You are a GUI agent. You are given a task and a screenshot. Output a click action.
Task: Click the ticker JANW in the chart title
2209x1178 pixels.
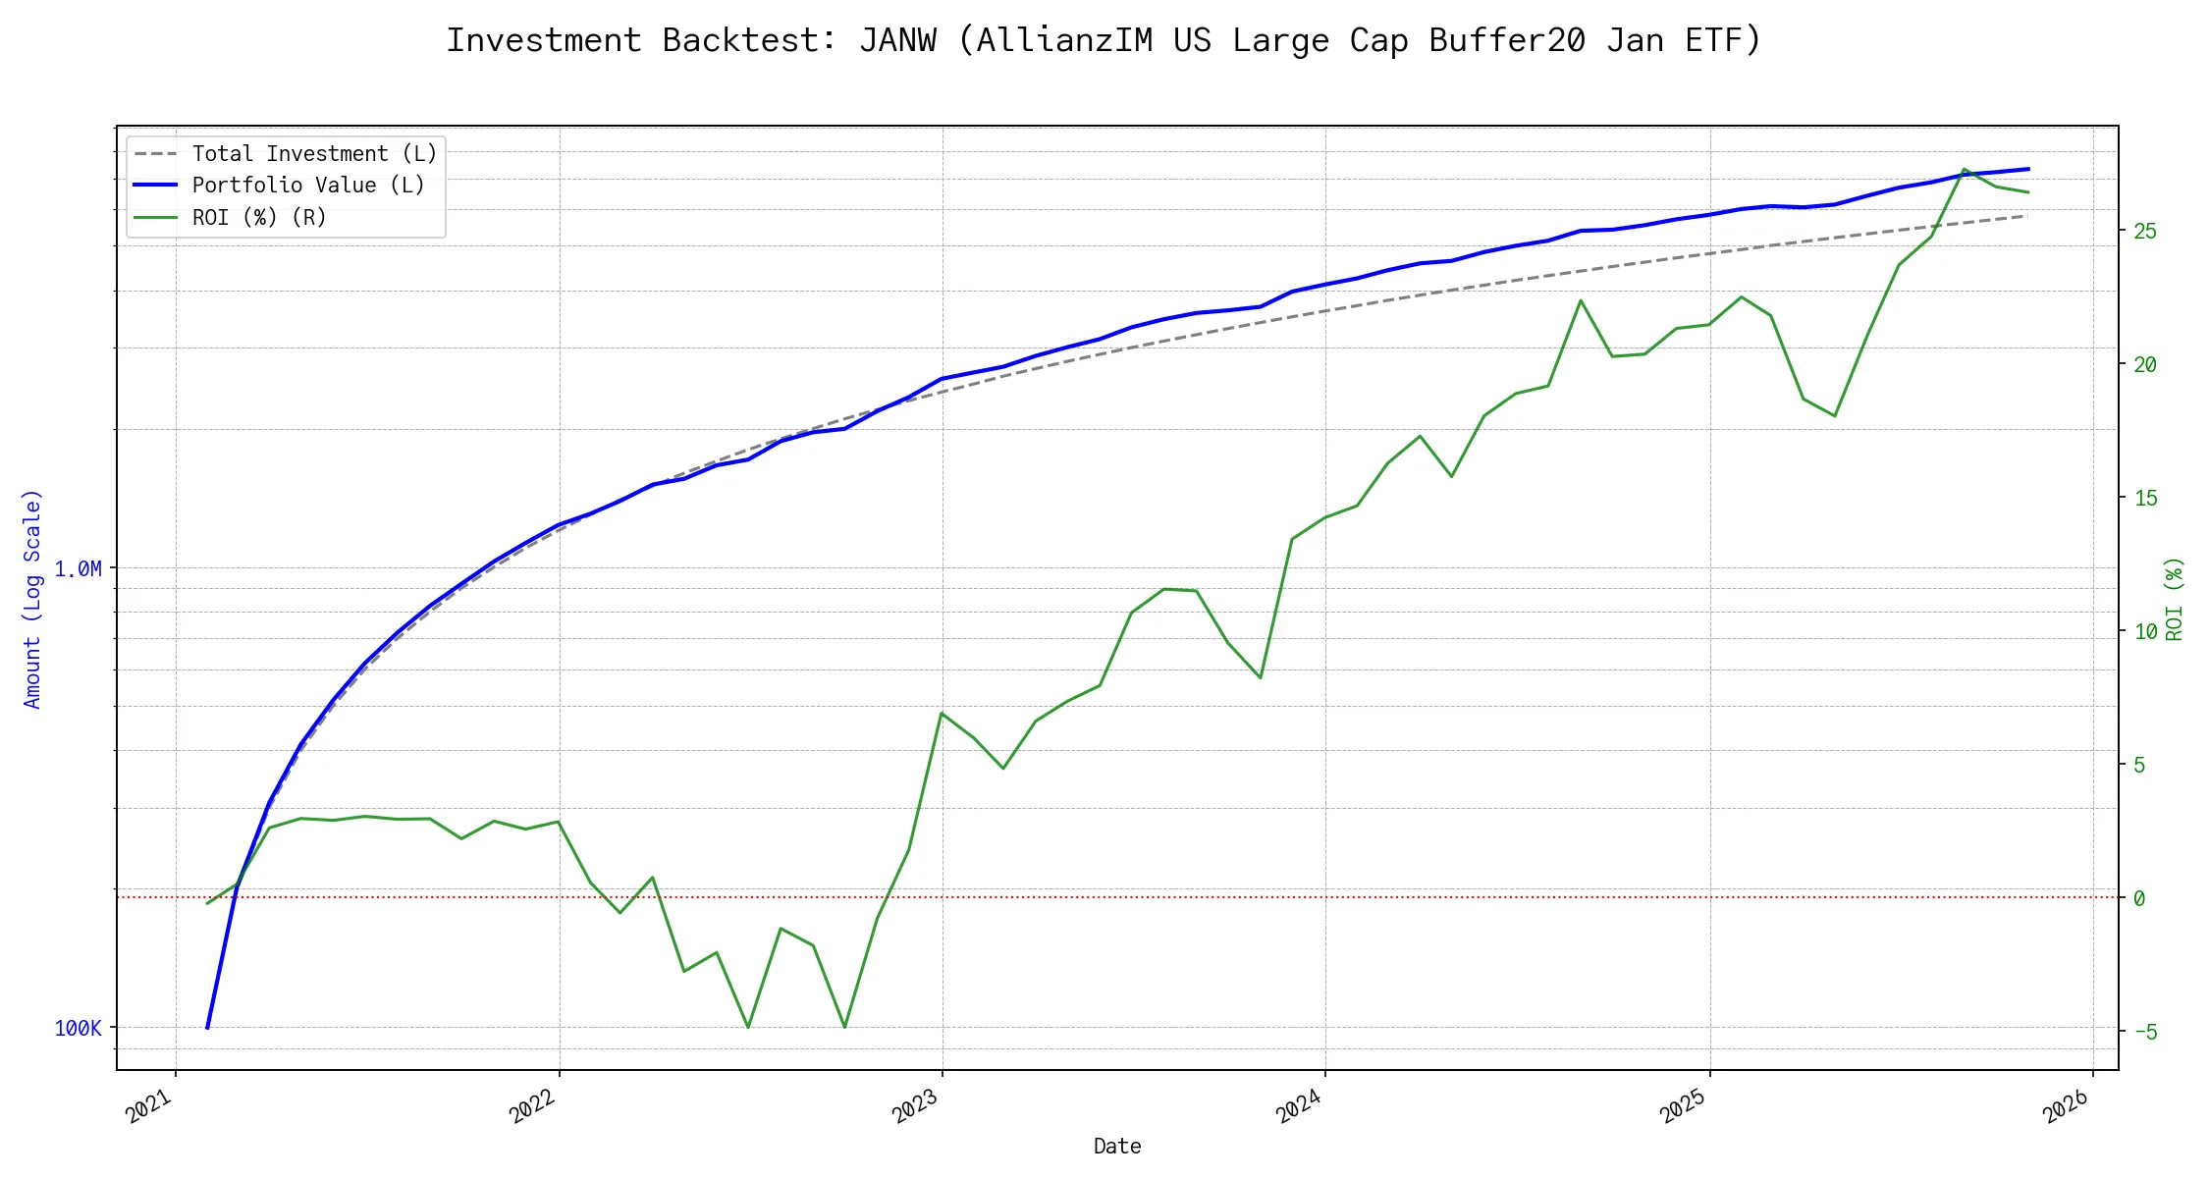pyautogui.click(x=897, y=40)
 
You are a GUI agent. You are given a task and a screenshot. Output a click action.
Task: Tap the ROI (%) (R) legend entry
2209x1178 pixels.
pyautogui.click(x=259, y=217)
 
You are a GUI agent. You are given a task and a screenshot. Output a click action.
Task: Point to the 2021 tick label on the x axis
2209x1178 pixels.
pyautogui.click(x=150, y=1107)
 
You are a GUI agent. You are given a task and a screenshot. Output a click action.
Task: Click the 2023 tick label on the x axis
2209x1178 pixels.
pyautogui.click(x=916, y=1107)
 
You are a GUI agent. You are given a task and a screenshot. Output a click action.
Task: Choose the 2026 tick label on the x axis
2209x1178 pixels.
pyautogui.click(x=2067, y=1107)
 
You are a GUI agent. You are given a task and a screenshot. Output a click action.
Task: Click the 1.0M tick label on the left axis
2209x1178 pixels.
pyautogui.click(x=78, y=568)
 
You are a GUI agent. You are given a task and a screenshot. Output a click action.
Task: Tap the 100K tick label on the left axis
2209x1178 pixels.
pyautogui.click(x=78, y=1028)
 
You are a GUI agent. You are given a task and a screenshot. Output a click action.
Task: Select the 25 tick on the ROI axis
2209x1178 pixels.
pyautogui.click(x=2145, y=231)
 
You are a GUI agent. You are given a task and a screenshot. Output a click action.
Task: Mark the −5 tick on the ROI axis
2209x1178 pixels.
pyautogui.click(x=2145, y=1032)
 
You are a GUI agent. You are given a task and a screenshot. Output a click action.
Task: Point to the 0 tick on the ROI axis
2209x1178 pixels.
pyautogui.click(x=2139, y=898)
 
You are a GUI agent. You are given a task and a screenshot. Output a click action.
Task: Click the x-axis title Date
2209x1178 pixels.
pyautogui.click(x=1117, y=1147)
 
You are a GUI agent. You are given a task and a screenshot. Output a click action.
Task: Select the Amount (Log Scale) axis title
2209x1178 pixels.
pyautogui.click(x=32, y=599)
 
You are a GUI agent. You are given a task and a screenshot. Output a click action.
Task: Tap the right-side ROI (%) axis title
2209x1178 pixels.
pyautogui.click(x=2175, y=599)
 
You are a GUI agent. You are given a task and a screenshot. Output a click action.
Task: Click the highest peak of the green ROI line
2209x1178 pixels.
pyautogui.click(x=1965, y=169)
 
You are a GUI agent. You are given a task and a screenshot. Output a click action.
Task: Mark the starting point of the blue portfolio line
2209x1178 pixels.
pyautogui.click(x=207, y=1028)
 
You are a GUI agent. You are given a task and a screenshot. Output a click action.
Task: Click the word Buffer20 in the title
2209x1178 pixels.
pyautogui.click(x=1507, y=40)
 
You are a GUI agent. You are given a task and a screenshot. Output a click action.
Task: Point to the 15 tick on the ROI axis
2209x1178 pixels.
pyautogui.click(x=2145, y=498)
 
